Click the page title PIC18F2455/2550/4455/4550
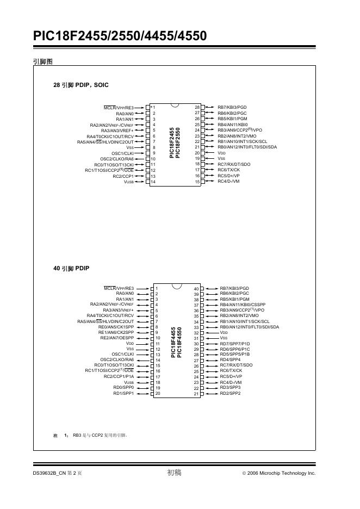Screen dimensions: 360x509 (x=120, y=36)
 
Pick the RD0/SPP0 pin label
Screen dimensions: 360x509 (x=123, y=387)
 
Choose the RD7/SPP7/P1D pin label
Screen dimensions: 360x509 (x=235, y=344)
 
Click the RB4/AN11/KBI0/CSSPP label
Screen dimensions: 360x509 (x=243, y=305)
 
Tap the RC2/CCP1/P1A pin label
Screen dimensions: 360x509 (x=119, y=376)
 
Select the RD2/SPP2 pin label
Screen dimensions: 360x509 (x=230, y=393)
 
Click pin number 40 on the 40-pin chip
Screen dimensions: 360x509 (x=196, y=289)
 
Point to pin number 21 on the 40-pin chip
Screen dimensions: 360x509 (x=196, y=393)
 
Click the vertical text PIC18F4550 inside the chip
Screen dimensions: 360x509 (x=179, y=342)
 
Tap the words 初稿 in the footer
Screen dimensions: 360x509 (x=174, y=473)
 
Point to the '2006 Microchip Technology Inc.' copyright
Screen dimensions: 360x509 (x=282, y=474)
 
